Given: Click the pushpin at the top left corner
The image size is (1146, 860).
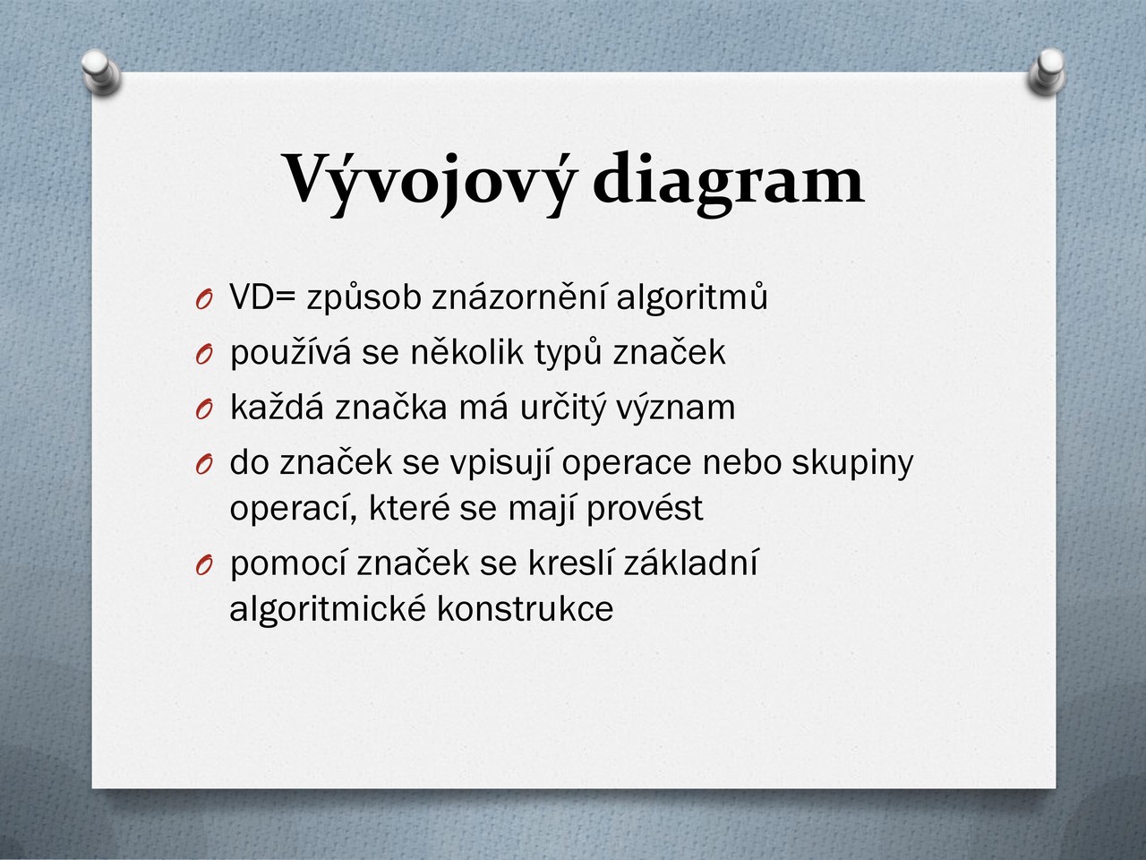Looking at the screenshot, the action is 101,71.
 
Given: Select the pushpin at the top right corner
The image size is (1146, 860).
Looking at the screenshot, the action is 1047,71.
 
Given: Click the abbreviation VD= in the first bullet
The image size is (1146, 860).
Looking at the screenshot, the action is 262,297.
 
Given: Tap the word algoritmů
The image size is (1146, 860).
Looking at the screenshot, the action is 692,297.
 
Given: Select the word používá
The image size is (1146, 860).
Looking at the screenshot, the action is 290,352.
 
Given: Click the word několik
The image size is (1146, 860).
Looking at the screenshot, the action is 466,351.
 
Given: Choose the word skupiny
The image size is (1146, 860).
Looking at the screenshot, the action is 852,463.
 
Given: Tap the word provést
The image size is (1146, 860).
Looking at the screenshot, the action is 645,508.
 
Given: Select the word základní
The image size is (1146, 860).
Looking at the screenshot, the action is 690,562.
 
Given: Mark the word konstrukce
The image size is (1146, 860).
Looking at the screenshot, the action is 525,607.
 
